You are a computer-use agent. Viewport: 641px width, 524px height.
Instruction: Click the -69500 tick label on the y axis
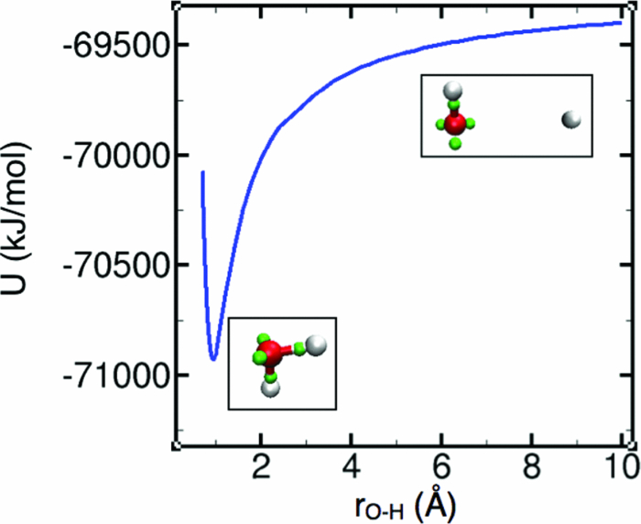100,45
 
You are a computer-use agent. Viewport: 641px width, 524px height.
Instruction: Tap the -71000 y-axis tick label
100,376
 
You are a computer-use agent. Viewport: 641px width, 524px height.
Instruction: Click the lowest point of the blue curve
212,359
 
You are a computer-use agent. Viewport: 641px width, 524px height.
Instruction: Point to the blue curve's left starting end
202,172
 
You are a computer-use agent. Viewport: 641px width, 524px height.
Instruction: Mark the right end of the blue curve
622,22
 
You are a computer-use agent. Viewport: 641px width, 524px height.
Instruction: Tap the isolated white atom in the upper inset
570,119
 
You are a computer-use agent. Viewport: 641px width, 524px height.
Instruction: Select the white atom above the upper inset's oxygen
452,92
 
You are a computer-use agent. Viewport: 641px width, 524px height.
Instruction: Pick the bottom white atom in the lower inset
270,388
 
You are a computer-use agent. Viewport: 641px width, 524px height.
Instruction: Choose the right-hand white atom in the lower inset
316,344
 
